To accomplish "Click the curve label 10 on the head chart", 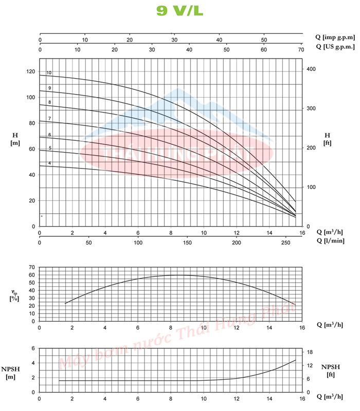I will pos(49,73).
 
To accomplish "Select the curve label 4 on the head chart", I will pos(49,163).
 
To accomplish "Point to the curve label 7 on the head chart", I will pos(49,119).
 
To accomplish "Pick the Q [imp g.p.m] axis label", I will pos(335,37).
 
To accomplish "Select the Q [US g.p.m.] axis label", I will pos(335,47).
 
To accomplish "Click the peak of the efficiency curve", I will pos(178,275).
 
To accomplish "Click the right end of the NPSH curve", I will pos(296,360).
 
